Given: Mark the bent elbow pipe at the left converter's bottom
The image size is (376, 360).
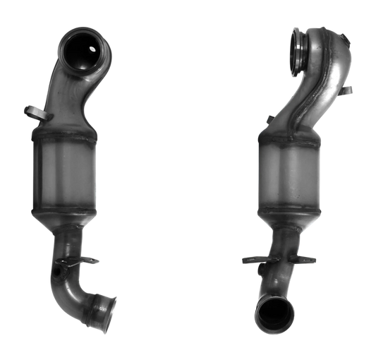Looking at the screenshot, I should [x=71, y=296].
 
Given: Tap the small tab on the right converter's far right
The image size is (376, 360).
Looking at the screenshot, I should [x=348, y=92].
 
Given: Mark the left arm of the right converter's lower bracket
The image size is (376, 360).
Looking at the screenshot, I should [x=252, y=259].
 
